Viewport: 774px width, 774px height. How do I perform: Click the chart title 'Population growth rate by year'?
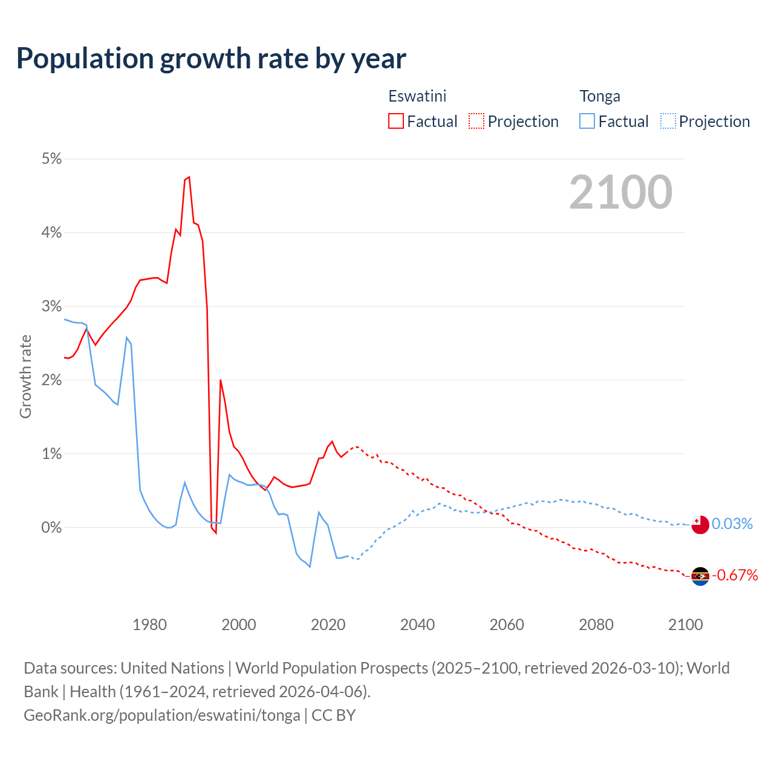click(x=211, y=59)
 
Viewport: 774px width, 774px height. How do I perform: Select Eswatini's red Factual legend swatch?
click(x=395, y=121)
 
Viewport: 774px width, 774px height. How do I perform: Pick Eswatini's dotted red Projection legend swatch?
click(x=476, y=121)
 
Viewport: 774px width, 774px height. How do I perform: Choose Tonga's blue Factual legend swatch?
click(x=587, y=121)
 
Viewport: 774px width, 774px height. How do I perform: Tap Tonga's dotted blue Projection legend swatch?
click(x=668, y=121)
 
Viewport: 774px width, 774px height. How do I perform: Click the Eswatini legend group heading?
click(x=417, y=96)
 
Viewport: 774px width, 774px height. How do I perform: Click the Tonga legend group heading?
click(x=600, y=96)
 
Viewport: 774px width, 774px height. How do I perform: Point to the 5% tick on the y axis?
click(x=51, y=158)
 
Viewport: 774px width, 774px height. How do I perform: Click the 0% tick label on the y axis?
click(x=51, y=527)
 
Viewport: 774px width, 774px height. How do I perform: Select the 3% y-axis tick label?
click(x=51, y=306)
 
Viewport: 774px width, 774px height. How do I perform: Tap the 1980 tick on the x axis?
click(x=149, y=625)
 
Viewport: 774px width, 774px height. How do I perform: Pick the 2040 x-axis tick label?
click(x=417, y=625)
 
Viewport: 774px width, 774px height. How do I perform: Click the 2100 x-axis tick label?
click(x=685, y=625)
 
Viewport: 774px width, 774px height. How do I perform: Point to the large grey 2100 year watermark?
click(x=620, y=192)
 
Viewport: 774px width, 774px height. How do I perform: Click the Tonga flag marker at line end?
click(x=700, y=525)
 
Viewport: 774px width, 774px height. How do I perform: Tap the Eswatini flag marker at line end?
click(x=700, y=576)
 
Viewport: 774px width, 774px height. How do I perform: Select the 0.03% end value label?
click(x=732, y=524)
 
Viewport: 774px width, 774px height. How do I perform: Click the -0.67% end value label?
click(x=735, y=575)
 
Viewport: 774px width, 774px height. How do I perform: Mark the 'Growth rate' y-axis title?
click(x=25, y=376)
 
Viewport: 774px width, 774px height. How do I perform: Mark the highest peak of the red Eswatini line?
click(x=189, y=177)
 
